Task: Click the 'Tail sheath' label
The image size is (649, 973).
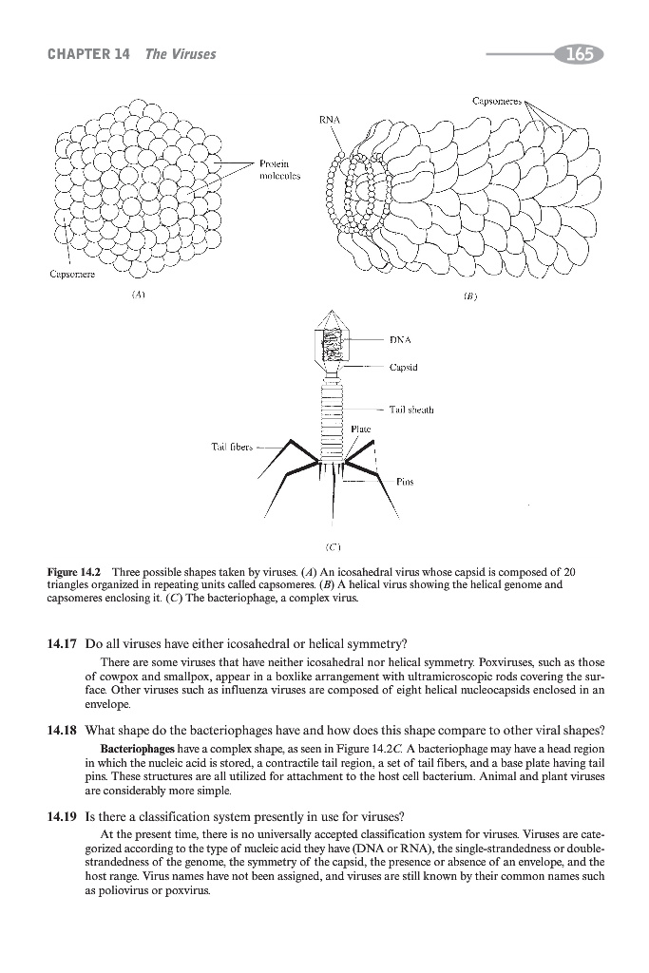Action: [411, 410]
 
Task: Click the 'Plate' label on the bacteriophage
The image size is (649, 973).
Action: [359, 429]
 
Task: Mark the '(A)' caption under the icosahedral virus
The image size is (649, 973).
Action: [139, 295]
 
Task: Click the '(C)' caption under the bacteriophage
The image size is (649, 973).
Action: [334, 547]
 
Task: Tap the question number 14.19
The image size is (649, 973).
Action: [62, 816]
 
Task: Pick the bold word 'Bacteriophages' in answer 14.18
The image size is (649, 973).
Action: [131, 751]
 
